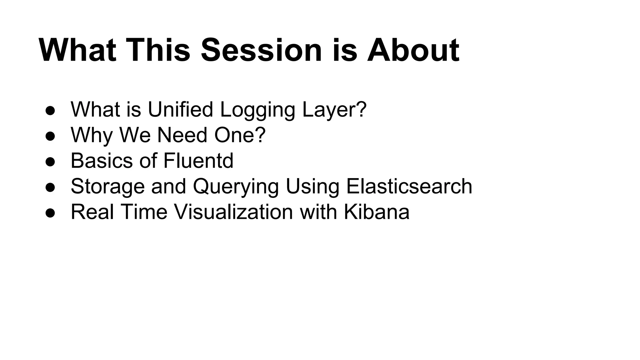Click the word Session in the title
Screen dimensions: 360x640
[x=261, y=50]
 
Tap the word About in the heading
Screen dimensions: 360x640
[x=413, y=50]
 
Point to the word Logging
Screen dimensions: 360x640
[x=257, y=110]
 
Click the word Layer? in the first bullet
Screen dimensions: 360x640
[x=334, y=110]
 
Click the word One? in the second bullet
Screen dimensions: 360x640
[x=240, y=135]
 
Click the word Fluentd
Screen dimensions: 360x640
[x=198, y=161]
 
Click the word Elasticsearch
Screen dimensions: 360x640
[x=409, y=186]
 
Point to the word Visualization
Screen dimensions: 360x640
[x=233, y=212]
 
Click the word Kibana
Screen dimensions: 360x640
[x=376, y=212]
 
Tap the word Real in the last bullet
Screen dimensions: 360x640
[x=92, y=212]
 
